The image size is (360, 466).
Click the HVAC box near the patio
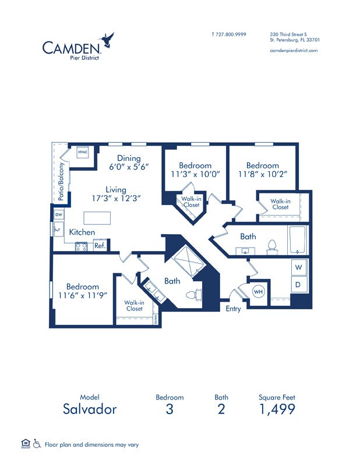tap(82, 153)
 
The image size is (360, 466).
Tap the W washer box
tap(298, 267)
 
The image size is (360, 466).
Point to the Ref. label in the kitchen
tap(100, 245)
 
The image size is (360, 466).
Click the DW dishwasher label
tap(58, 215)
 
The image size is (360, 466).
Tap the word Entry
tap(233, 309)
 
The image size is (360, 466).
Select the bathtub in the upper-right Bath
tap(297, 240)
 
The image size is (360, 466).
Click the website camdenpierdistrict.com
tap(294, 51)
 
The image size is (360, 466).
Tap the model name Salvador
tap(90, 409)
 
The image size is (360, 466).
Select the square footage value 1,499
tap(277, 409)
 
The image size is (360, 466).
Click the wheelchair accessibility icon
tap(36, 444)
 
